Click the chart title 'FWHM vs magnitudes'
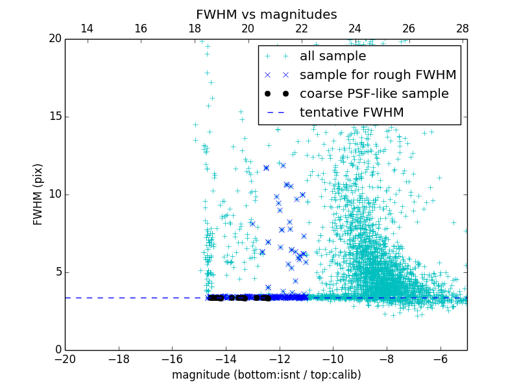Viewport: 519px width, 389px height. (266, 14)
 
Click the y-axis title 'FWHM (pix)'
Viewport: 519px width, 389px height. (38, 194)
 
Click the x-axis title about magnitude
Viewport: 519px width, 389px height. (266, 375)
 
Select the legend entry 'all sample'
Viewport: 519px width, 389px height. (333, 56)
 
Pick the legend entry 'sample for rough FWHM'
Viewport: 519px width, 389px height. (378, 75)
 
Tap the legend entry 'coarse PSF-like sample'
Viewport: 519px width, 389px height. (374, 94)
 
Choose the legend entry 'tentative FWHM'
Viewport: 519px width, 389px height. (352, 113)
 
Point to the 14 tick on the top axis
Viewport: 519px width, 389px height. (87, 29)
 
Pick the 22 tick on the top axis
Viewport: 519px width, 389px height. (302, 29)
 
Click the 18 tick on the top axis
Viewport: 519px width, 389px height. (195, 29)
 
